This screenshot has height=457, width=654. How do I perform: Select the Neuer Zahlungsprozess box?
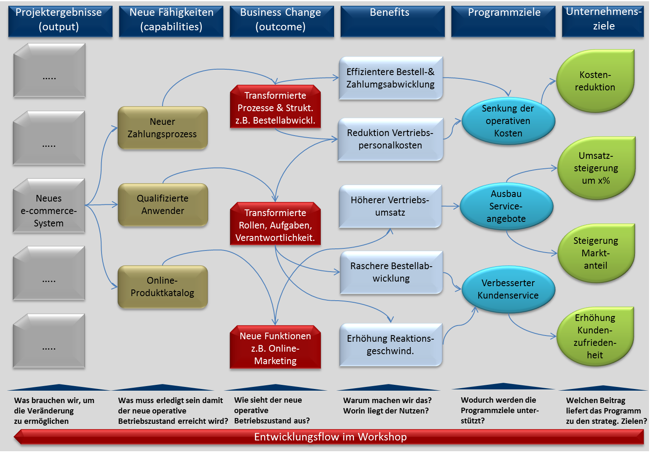[162, 128]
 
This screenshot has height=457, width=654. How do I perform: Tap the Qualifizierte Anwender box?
[162, 204]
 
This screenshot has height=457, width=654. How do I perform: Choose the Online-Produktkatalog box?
[162, 287]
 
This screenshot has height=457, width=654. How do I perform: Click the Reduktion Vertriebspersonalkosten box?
[390, 139]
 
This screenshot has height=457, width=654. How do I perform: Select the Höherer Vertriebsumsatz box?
[390, 206]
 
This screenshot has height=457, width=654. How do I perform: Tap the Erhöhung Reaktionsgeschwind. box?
[390, 345]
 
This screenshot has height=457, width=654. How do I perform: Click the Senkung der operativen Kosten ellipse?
[508, 121]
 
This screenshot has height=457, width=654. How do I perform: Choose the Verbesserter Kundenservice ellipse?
[508, 289]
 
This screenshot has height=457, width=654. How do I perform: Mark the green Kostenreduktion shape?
[595, 81]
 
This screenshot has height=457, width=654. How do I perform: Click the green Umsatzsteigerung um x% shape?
[596, 168]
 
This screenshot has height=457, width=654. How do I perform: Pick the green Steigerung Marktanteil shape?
[596, 253]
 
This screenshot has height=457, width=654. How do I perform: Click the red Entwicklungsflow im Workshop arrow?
[330, 437]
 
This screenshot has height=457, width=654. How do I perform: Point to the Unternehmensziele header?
[603, 21]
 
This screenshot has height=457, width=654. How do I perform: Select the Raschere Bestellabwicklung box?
[391, 272]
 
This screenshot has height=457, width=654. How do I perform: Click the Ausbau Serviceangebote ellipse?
[506, 206]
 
